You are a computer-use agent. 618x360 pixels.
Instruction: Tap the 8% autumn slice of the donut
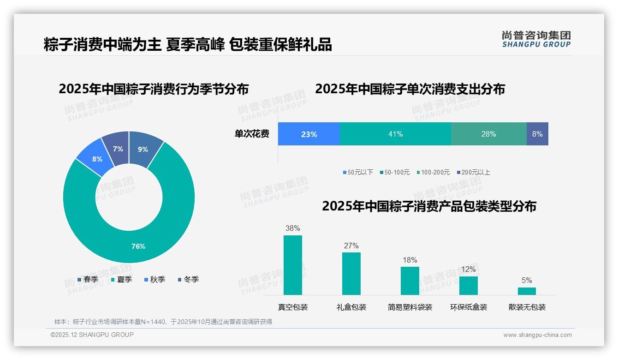97,159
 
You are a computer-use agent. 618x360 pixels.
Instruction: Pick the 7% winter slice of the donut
118,149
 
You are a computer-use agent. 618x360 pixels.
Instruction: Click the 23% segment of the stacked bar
309,134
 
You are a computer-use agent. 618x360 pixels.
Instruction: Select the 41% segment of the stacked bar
395,134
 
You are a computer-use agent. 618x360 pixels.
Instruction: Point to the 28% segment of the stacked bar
488,134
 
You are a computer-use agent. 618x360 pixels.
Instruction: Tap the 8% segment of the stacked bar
537,134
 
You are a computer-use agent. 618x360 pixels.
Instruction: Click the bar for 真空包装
293,265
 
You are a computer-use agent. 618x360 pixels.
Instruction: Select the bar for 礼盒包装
351,273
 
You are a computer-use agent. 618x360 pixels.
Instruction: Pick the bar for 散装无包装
527,291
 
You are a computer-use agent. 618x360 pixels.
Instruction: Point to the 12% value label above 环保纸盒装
469,269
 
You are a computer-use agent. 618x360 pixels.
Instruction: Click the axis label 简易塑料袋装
410,307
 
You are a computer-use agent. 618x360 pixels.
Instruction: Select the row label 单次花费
252,134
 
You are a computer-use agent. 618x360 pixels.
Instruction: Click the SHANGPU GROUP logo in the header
536,39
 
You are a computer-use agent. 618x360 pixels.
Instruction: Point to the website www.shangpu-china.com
537,335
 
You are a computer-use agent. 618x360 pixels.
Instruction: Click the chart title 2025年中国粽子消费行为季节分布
154,89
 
